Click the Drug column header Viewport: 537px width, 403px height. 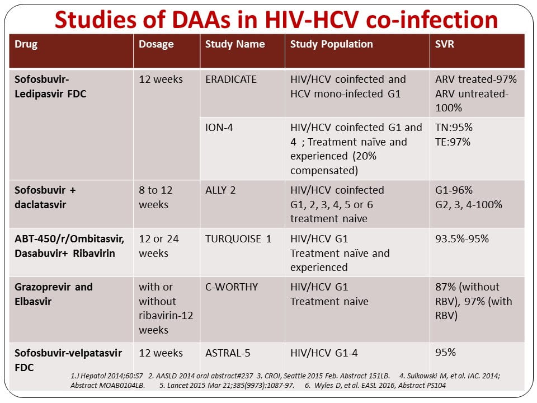click(26, 44)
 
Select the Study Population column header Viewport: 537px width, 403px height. click(331, 44)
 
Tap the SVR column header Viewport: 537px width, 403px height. click(445, 44)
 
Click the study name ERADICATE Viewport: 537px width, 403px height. click(231, 79)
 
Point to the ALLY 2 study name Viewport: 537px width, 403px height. click(220, 190)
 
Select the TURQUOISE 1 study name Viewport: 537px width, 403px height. click(238, 239)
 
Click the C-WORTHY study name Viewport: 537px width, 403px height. click(232, 287)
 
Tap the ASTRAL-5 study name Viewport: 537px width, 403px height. click(230, 353)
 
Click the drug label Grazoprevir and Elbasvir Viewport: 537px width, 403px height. click(54, 294)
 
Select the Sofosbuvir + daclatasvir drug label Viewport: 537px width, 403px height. click(45, 198)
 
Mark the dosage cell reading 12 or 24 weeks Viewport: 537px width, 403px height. click(159, 246)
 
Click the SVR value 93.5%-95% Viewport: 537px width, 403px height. click(462, 239)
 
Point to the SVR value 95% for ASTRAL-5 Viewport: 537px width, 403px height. click(445, 353)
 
